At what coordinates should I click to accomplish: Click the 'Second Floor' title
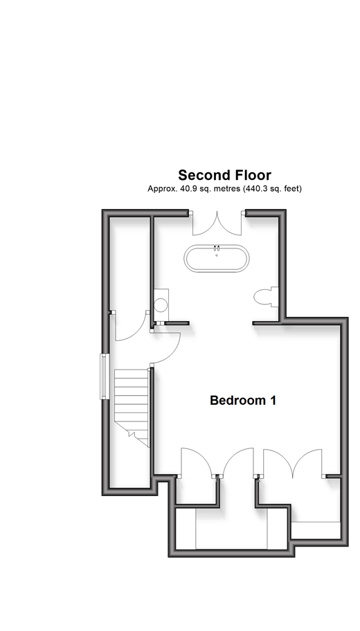[225, 175]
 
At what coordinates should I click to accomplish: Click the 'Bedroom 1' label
[243, 401]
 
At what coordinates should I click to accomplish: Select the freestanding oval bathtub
[217, 258]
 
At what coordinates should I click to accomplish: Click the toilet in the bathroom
[266, 297]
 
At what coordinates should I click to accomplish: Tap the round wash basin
[161, 304]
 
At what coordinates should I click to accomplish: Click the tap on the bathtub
[217, 248]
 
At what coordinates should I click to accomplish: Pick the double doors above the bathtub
[217, 223]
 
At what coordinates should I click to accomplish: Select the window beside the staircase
[105, 376]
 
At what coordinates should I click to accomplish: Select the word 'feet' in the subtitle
[292, 188]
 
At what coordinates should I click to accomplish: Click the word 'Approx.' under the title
[162, 189]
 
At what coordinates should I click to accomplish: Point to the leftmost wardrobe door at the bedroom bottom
[196, 463]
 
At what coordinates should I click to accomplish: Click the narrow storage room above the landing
[130, 264]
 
